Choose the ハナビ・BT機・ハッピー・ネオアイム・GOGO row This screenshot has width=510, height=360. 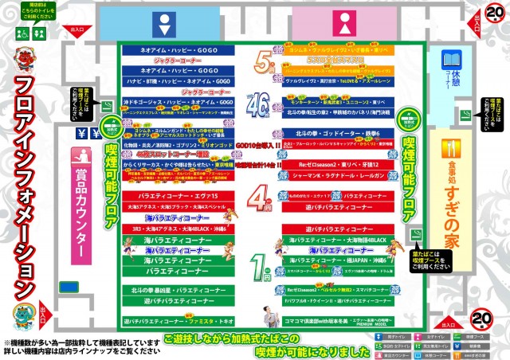(177, 81)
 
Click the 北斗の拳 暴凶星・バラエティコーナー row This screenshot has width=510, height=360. (177, 291)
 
